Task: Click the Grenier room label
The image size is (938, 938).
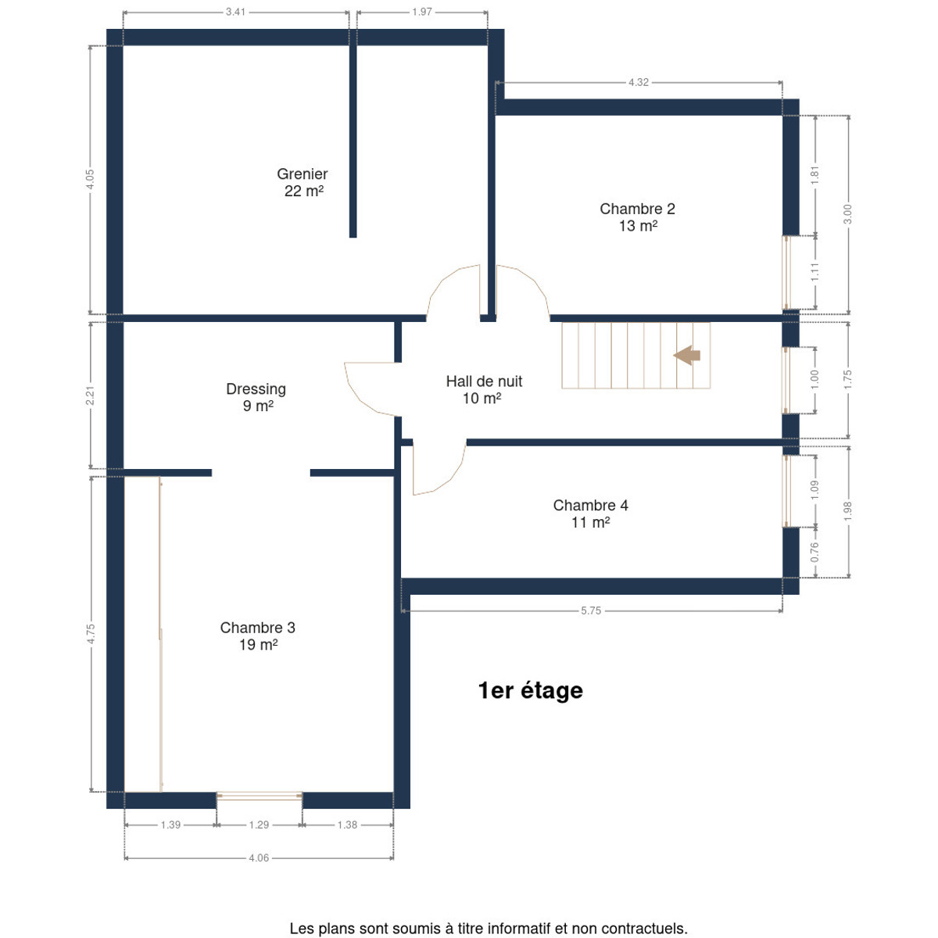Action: [x=302, y=182]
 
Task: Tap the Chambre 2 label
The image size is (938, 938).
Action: [x=637, y=217]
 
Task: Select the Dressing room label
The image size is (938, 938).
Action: [x=256, y=397]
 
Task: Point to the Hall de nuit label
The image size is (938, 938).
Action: [x=483, y=389]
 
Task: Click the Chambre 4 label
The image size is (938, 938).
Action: [x=590, y=514]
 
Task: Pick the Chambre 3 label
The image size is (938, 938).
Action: [x=257, y=635]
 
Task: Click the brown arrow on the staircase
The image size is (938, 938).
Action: [x=686, y=356]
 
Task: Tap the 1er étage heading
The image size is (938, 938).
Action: [x=531, y=691]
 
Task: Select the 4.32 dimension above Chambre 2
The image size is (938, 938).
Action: [x=638, y=82]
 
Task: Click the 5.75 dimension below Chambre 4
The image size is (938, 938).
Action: [x=591, y=610]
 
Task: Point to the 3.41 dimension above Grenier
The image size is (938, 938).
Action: [x=235, y=12]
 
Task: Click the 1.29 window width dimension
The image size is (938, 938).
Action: [x=259, y=825]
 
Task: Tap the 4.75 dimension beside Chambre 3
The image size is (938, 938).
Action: [x=91, y=634]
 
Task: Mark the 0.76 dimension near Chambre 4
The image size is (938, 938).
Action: [x=814, y=552]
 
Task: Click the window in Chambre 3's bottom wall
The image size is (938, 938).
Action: [x=260, y=796]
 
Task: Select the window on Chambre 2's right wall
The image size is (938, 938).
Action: [x=786, y=273]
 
